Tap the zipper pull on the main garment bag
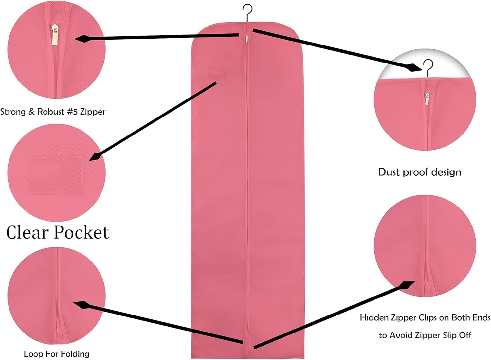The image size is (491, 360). tap(247, 39)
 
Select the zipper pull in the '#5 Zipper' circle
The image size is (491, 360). tap(55, 35)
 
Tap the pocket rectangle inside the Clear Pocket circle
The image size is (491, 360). tap(56, 175)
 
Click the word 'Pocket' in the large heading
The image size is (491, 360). tap(81, 232)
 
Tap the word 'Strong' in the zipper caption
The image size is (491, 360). tap(13, 112)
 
